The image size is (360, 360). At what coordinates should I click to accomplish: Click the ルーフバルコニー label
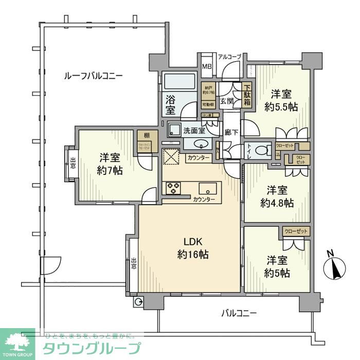pos(93,76)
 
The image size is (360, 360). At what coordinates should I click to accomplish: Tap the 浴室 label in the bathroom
pos(171,104)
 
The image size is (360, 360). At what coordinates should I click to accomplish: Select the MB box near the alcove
pos(206,66)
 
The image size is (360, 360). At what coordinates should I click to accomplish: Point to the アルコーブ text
pos(229,57)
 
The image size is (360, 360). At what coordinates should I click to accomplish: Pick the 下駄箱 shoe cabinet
pos(247,95)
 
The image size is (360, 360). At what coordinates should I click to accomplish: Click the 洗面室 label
pos(195,131)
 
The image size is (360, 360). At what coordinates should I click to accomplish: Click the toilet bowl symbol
pos(263,150)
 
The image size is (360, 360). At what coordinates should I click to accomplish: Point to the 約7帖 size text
pos(111,170)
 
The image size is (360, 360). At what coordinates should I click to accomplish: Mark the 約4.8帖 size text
pos(277,202)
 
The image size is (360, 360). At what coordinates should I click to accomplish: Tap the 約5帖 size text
pos(278,273)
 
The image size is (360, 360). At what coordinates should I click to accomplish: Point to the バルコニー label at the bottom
pos(239,312)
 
